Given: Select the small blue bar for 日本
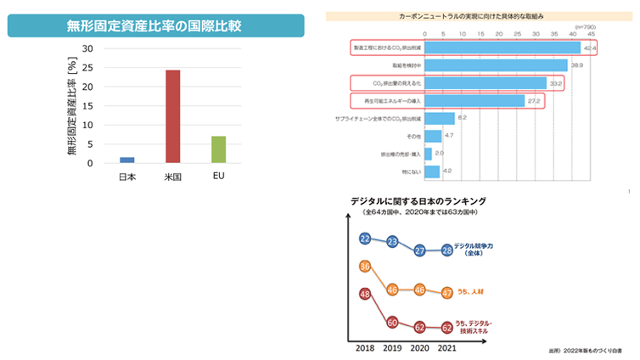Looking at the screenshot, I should point(126,160).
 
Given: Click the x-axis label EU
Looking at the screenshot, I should point(218,176).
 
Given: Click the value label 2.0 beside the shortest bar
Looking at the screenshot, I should point(439,154).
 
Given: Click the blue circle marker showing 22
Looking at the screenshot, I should point(365,238).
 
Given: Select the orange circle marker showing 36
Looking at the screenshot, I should point(365,266).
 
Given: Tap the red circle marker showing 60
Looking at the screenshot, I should point(392,322).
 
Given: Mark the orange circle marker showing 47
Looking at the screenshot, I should point(446,292).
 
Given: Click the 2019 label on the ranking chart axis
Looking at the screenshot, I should point(392,348).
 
